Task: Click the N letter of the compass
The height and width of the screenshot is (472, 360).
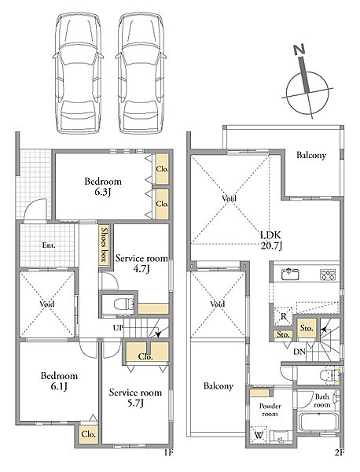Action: click(x=299, y=50)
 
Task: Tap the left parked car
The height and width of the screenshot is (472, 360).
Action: click(x=78, y=72)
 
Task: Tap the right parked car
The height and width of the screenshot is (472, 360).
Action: click(x=141, y=72)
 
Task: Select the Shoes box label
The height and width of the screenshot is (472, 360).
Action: click(x=104, y=245)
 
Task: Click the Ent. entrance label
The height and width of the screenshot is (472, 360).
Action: click(x=49, y=245)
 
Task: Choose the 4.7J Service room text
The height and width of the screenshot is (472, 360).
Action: click(x=141, y=264)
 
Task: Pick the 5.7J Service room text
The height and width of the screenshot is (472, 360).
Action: click(x=135, y=397)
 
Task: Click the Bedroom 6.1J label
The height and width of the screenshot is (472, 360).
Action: click(x=59, y=381)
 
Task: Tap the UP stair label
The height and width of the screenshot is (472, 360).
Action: click(x=118, y=327)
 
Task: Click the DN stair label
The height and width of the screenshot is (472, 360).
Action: click(x=299, y=352)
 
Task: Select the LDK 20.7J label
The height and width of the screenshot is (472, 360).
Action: click(x=271, y=241)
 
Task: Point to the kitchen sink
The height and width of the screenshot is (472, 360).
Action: click(x=290, y=274)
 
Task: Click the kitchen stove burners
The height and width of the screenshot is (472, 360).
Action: click(x=328, y=275)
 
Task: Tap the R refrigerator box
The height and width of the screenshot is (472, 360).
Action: click(x=283, y=316)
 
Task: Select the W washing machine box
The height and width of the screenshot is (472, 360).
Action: click(x=258, y=435)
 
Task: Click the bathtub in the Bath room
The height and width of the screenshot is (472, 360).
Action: click(x=318, y=423)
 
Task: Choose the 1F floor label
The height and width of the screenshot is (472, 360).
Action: click(x=168, y=452)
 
